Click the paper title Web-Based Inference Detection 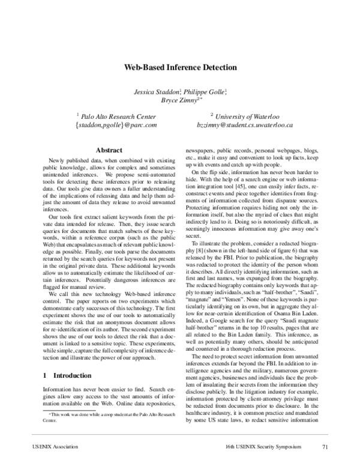[181, 68]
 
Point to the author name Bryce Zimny [178, 101]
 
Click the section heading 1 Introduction [60, 359]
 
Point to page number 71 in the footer [325, 447]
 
